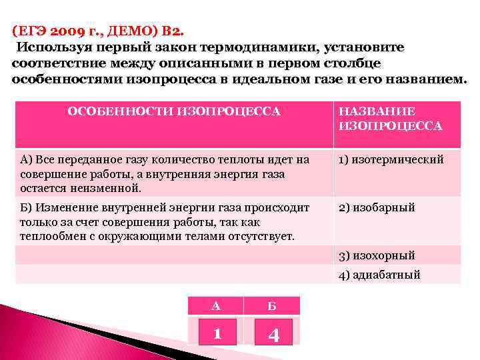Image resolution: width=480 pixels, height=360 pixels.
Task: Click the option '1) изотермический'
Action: [x=391, y=160]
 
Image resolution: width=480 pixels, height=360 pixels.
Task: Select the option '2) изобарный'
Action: [x=377, y=207]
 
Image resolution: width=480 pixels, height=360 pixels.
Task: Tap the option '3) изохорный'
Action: [x=377, y=255]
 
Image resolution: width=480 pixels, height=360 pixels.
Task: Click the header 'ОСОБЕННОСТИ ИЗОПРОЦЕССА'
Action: [x=174, y=111]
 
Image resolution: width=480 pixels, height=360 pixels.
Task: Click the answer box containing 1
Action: [x=216, y=331]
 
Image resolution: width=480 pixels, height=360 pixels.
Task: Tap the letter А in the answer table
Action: [x=215, y=306]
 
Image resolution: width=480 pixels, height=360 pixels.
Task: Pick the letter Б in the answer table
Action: [x=271, y=306]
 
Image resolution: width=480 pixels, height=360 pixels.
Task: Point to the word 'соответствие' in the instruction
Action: [x=55, y=63]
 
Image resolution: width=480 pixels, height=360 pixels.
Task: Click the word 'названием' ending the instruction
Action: [x=431, y=79]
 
